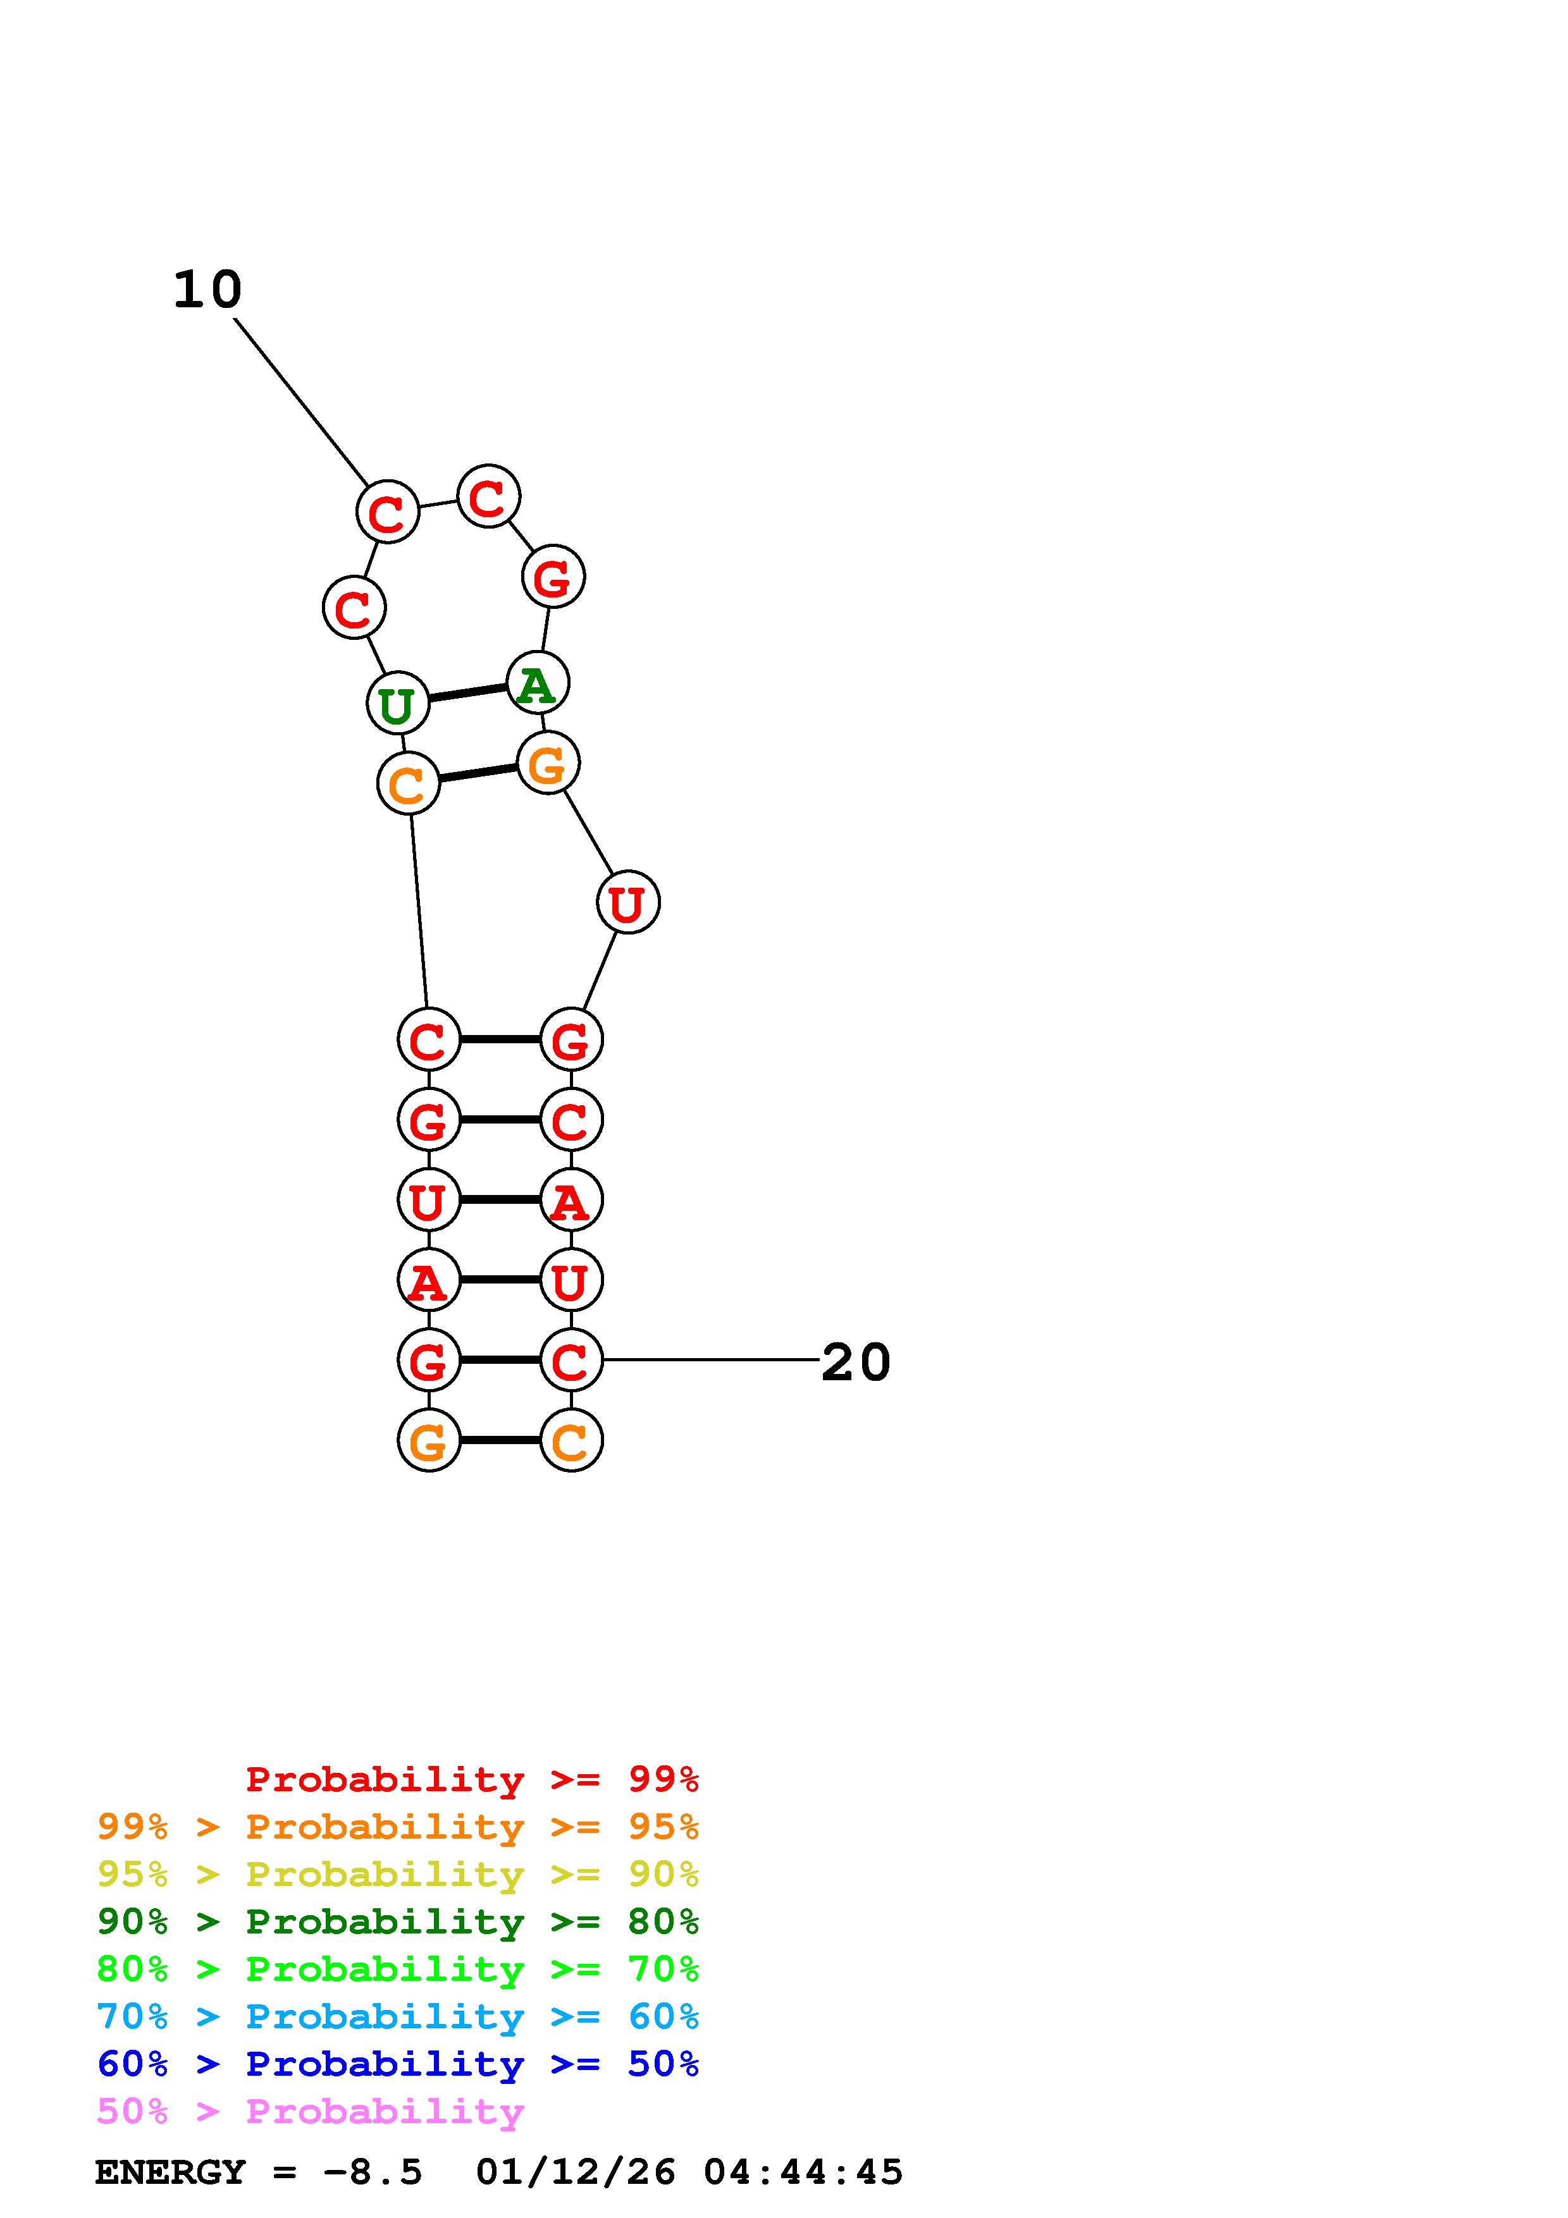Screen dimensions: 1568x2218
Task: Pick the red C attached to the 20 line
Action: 571,1360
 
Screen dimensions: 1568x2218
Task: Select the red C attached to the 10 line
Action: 387,512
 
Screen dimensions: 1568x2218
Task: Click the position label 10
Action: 207,290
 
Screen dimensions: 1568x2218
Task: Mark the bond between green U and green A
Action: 467,692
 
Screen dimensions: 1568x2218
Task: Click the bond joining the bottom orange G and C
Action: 500,1440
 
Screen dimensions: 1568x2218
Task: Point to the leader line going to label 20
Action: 710,1360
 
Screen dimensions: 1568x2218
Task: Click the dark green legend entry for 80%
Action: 398,1922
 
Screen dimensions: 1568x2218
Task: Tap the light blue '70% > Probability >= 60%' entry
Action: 398,2017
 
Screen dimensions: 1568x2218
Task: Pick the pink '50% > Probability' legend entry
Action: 310,2112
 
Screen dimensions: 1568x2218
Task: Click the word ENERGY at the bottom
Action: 170,2172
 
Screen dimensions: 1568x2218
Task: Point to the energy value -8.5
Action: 373,2172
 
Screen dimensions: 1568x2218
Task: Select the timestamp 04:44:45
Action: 803,2172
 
